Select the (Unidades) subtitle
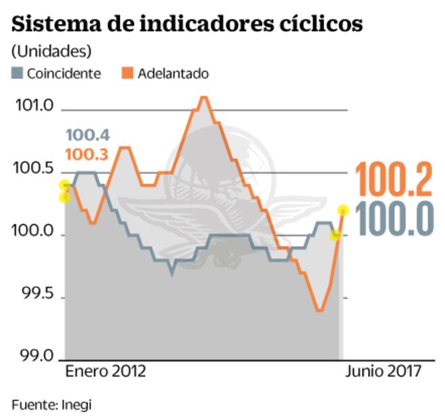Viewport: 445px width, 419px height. [51, 51]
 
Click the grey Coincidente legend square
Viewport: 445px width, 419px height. [18, 73]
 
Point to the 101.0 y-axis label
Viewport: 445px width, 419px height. [33, 106]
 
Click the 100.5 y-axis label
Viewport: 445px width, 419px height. [33, 169]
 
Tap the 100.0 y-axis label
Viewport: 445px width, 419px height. [33, 232]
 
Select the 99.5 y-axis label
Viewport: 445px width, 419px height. [34, 295]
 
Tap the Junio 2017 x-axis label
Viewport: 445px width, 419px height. [384, 372]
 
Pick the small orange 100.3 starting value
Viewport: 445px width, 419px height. [86, 155]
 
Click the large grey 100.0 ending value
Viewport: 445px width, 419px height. [393, 220]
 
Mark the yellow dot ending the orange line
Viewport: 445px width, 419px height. [342, 210]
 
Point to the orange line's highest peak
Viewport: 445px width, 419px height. [203, 97]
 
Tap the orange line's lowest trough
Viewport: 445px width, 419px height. [319, 310]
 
